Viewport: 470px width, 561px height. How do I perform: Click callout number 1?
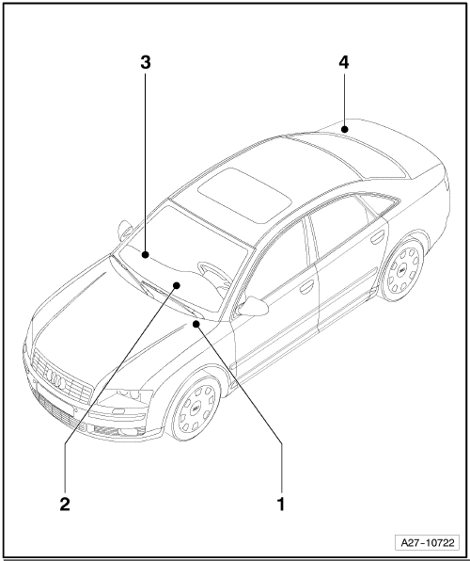click(281, 504)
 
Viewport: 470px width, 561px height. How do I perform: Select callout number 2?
click(65, 504)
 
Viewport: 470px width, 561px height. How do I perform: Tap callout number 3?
click(145, 62)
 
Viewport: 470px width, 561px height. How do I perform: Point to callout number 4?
click(344, 62)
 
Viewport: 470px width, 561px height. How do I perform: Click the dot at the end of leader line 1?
click(196, 324)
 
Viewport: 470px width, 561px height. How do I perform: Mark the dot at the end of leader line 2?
click(177, 285)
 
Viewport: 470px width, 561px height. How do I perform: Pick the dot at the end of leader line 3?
click(145, 255)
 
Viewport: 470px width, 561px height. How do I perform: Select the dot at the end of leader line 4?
click(344, 129)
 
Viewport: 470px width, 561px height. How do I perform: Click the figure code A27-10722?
click(428, 542)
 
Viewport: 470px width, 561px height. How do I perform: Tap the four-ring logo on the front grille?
click(56, 379)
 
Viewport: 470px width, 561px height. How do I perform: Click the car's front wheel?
click(196, 408)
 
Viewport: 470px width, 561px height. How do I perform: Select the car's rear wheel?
click(402, 270)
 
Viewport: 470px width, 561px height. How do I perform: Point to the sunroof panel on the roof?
click(244, 195)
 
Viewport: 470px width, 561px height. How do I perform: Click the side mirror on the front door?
click(253, 307)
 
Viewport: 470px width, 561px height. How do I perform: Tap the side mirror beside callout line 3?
click(124, 230)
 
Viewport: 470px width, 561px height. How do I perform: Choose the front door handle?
click(307, 286)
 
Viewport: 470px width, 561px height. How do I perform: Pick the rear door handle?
click(377, 236)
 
